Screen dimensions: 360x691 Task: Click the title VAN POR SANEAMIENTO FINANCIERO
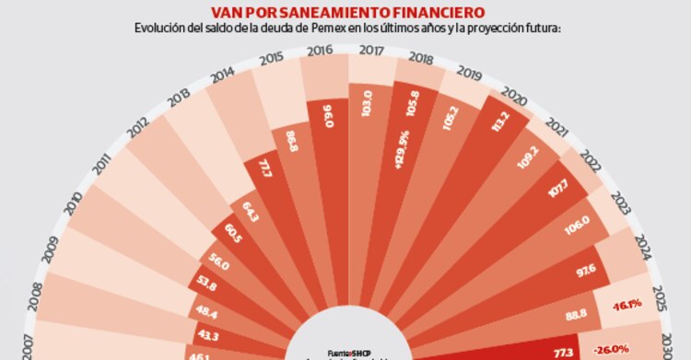(x=345, y=12)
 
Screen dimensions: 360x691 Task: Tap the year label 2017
(x=373, y=52)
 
